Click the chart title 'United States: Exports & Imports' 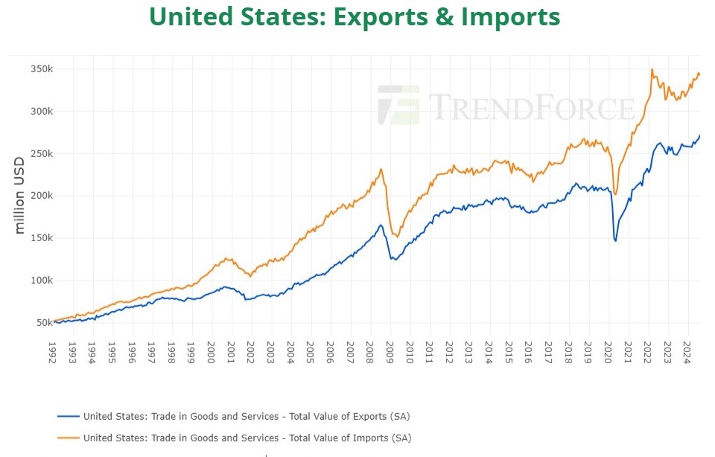coord(355,16)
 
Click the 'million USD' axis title coord(20,196)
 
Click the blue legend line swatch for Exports coord(68,416)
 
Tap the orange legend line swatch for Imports coord(68,438)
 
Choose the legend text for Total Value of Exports coord(246,416)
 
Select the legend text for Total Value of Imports coord(247,438)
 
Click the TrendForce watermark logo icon coord(398,105)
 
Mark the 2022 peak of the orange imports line coord(652,69)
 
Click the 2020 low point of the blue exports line coord(615,240)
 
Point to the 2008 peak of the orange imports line coord(381,169)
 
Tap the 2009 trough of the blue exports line coord(393,259)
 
